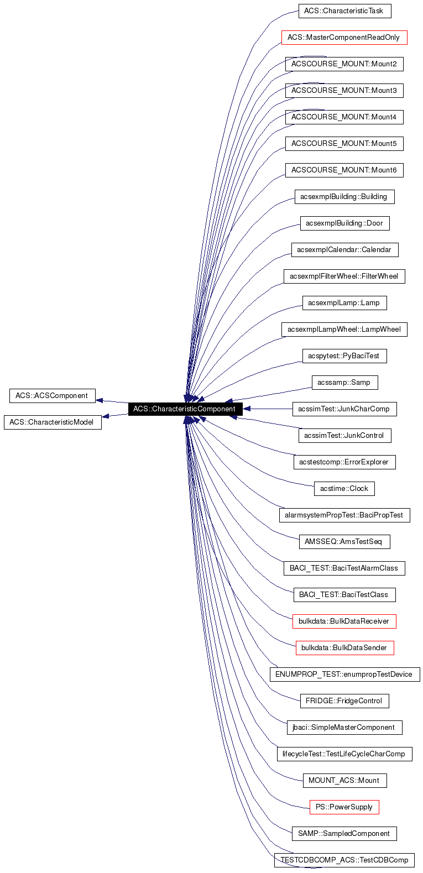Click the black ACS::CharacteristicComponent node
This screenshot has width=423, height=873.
click(x=185, y=409)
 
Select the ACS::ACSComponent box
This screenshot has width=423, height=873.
click(x=52, y=396)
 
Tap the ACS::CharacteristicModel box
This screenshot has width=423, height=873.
click(x=53, y=422)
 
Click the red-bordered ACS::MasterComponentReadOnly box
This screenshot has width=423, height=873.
click(x=344, y=38)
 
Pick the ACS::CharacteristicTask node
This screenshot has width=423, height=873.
click(x=344, y=11)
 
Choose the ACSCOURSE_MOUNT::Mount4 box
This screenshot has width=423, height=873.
click(x=344, y=117)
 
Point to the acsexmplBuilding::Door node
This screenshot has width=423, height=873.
click(x=344, y=223)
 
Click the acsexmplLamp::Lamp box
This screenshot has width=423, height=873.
click(x=344, y=303)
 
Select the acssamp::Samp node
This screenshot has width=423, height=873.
click(x=344, y=383)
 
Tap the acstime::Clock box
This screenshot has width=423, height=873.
click(x=344, y=489)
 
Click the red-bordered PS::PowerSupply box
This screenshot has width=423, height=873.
click(x=344, y=807)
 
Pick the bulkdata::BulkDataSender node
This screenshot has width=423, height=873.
click(x=344, y=648)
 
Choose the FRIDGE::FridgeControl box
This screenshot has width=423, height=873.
click(x=344, y=701)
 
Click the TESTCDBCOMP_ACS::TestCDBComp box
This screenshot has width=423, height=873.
click(x=344, y=860)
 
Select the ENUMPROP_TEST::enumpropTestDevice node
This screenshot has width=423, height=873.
click(x=344, y=675)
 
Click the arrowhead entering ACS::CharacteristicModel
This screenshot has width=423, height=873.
click(x=106, y=416)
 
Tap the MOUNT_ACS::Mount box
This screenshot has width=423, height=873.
click(x=344, y=781)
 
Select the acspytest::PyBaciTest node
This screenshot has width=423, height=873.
click(x=344, y=356)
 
